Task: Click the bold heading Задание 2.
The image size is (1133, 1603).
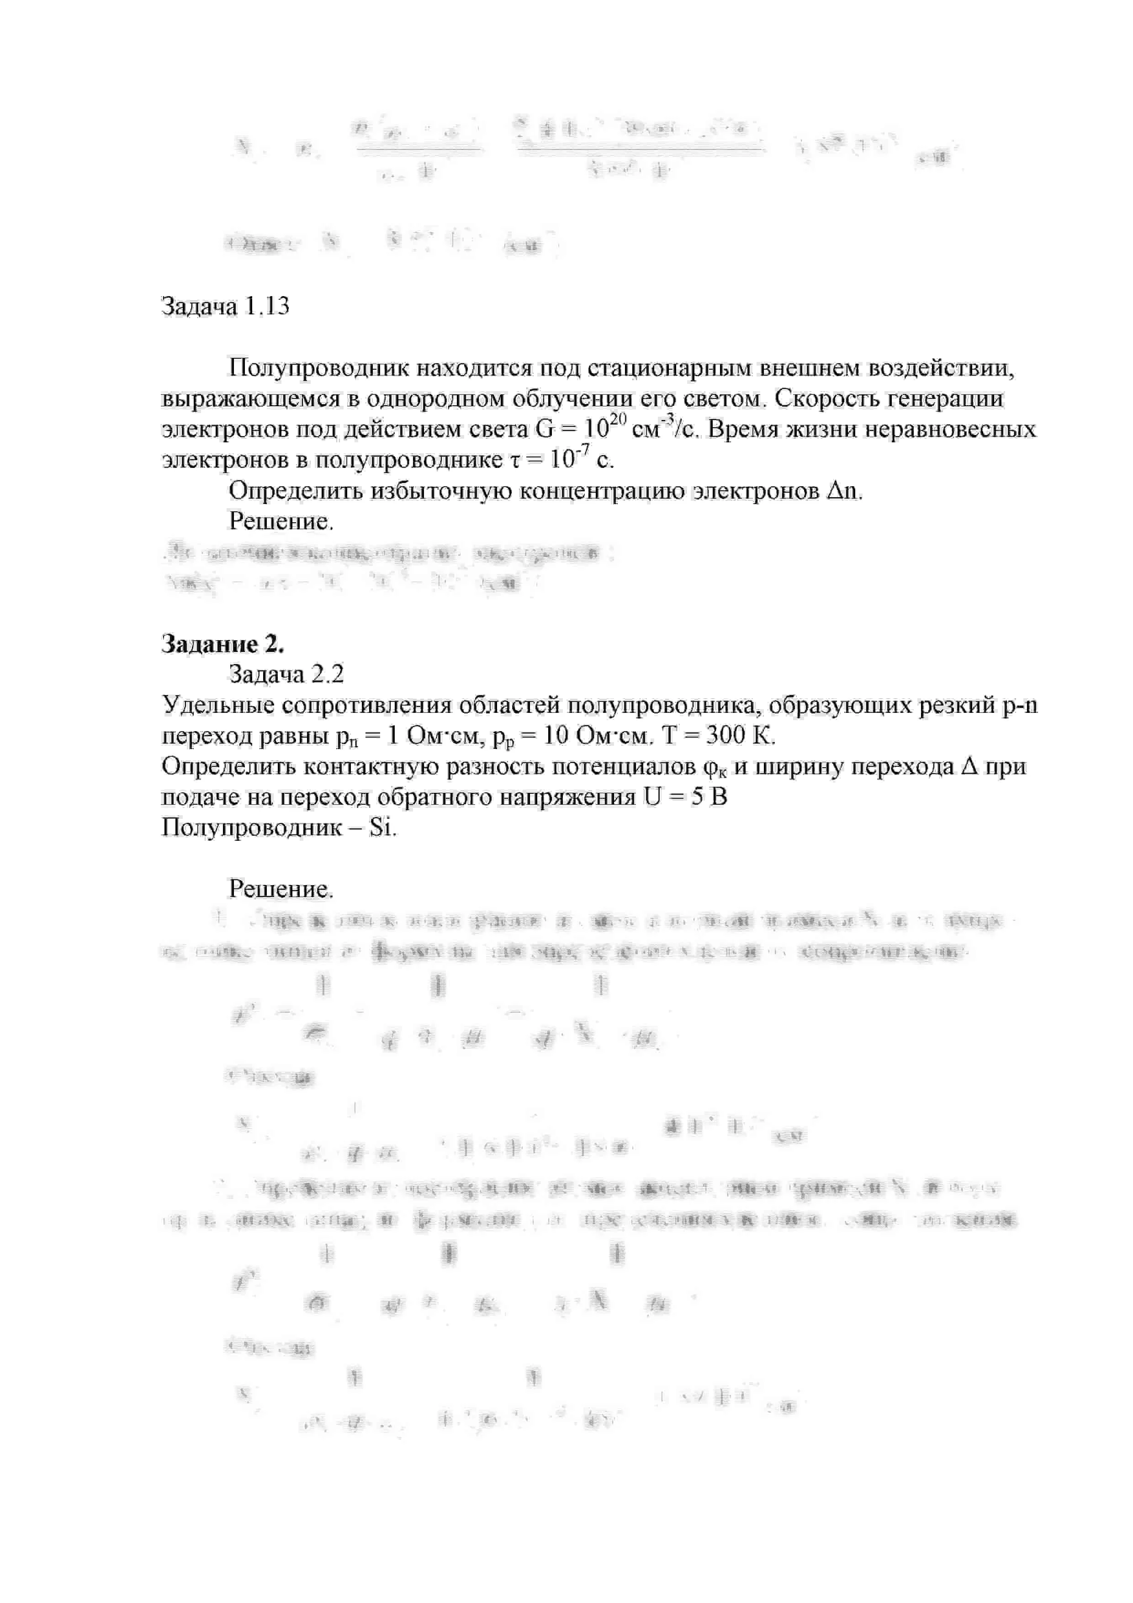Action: pos(222,644)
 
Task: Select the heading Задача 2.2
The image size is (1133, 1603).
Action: pos(286,674)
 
